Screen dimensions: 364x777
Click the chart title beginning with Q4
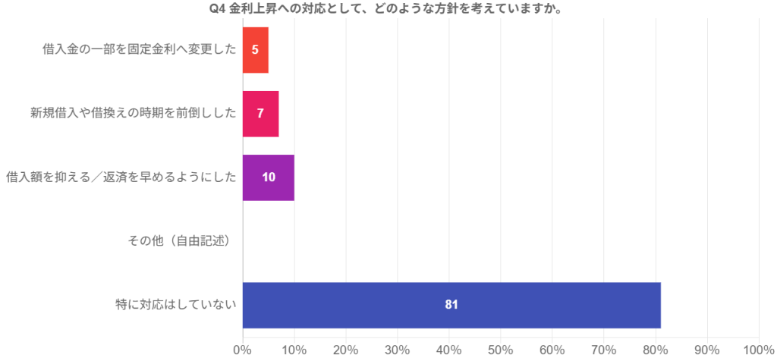(388, 9)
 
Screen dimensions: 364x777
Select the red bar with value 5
(256, 50)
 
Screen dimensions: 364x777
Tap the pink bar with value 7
(260, 114)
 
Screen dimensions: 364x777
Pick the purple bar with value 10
(269, 177)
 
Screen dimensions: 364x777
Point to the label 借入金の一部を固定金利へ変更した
(140, 50)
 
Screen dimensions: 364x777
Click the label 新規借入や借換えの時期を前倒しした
(134, 114)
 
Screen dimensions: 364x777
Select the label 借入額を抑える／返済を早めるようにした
(121, 177)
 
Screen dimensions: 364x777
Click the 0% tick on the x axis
(242, 350)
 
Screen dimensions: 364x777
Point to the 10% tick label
(294, 350)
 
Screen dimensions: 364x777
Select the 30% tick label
(397, 350)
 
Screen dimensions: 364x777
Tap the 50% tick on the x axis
(500, 350)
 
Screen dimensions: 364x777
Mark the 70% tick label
(603, 350)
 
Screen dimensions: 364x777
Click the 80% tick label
(655, 350)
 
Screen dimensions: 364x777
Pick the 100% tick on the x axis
(758, 350)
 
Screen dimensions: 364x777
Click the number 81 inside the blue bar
(451, 305)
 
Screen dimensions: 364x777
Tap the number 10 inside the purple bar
(269, 177)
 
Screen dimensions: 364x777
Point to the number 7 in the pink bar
(260, 114)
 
